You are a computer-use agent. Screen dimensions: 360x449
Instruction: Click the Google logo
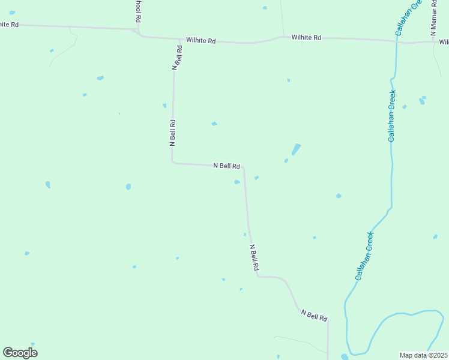20,353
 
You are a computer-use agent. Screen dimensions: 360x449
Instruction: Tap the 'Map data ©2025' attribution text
424,355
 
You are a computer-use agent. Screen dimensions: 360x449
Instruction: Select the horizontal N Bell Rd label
227,166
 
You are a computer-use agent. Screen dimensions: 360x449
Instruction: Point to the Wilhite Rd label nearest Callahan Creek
306,37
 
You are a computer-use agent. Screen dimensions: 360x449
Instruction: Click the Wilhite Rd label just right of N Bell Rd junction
200,41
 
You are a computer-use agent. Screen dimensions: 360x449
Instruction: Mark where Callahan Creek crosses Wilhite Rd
397,41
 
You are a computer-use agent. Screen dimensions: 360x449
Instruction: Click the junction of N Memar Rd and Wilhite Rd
433,42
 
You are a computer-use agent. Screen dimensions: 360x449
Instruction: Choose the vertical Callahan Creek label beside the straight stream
391,115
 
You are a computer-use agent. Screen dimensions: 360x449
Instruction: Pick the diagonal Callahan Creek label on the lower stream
364,256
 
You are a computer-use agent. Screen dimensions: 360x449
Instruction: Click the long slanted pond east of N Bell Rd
296,149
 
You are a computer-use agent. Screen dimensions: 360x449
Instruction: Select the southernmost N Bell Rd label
315,315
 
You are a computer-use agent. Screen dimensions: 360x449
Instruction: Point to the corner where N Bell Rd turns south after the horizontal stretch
243,169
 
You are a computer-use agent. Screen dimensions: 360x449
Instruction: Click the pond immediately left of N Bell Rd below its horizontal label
237,182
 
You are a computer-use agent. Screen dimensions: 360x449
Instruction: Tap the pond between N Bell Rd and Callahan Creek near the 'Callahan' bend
339,196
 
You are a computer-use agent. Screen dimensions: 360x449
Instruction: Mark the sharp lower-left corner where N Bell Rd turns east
173,161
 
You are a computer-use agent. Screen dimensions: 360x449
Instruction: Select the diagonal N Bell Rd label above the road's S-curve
255,256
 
